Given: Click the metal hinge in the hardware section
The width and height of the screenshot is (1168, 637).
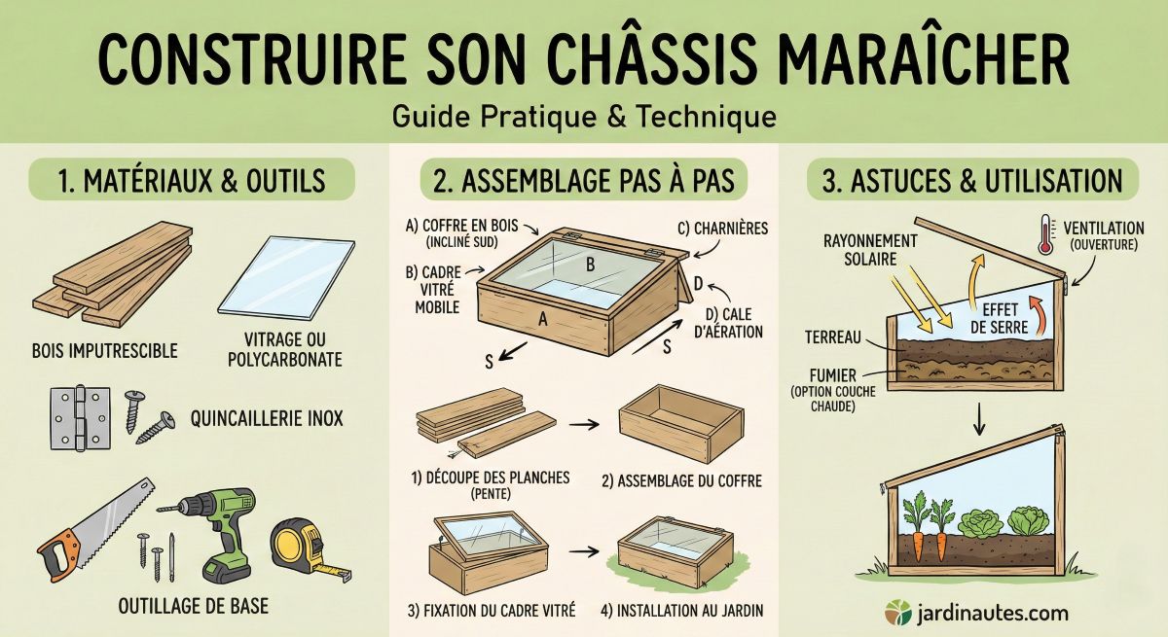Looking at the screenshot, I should [x=77, y=416].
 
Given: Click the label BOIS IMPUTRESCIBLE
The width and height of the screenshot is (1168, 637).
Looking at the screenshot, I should [x=105, y=350].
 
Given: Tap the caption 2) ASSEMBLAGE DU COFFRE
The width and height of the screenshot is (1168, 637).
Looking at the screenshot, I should [x=682, y=479].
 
